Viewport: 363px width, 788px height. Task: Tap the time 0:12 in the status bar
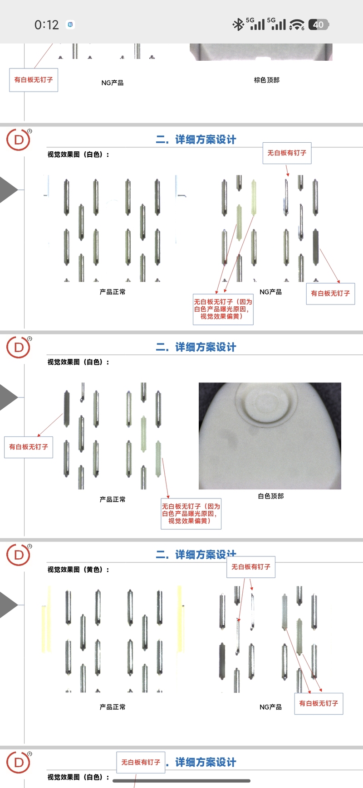tap(47, 24)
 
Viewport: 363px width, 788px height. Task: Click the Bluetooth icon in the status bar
tap(238, 24)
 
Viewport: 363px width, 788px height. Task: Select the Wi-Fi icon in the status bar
tap(297, 24)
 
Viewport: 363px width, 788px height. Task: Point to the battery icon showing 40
tap(319, 24)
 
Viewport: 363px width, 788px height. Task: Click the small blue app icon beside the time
tap(70, 24)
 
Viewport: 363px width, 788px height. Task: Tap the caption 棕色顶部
tap(267, 80)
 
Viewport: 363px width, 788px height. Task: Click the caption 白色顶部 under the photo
tap(271, 496)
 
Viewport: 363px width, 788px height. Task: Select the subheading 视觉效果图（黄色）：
tap(78, 570)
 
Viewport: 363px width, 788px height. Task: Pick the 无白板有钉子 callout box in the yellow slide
tap(251, 567)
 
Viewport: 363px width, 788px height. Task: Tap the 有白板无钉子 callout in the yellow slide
tap(319, 703)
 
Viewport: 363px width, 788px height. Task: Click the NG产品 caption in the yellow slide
tap(270, 707)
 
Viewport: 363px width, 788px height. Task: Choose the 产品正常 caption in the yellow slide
tap(113, 707)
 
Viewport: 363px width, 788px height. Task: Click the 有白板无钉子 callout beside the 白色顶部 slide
tap(29, 447)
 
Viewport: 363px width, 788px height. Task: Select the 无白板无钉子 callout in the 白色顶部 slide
tap(191, 513)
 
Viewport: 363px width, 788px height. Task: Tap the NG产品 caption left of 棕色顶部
tap(113, 83)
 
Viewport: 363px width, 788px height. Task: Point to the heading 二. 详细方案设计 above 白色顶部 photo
tap(196, 347)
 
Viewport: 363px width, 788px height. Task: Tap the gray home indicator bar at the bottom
tap(181, 781)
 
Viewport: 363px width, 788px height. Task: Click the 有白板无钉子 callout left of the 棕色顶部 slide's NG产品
tap(34, 80)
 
